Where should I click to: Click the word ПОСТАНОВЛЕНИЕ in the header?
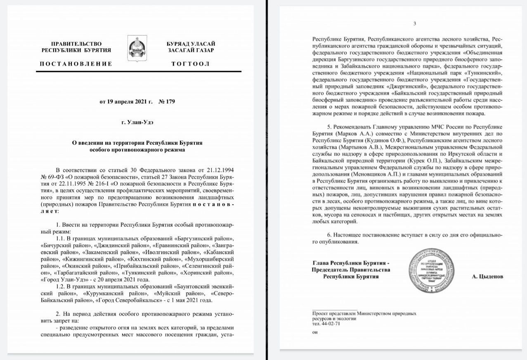(76, 64)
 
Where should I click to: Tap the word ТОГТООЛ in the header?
(190, 64)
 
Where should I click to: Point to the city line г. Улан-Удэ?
(138, 122)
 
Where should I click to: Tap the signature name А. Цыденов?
(487, 277)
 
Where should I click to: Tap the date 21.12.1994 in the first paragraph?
(218, 170)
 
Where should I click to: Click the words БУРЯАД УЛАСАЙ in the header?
(190, 44)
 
